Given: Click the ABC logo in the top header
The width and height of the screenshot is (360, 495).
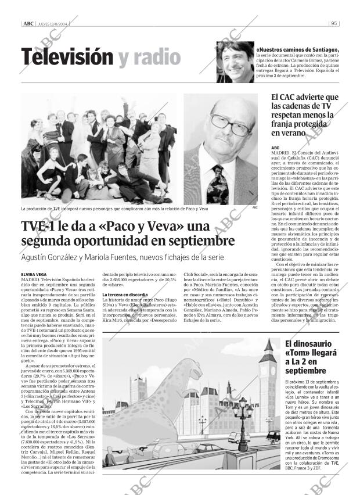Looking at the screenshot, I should tap(28, 24).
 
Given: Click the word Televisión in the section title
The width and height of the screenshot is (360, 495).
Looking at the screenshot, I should tap(66, 57).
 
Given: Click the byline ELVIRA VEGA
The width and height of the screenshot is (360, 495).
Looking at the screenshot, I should tap(34, 274).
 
